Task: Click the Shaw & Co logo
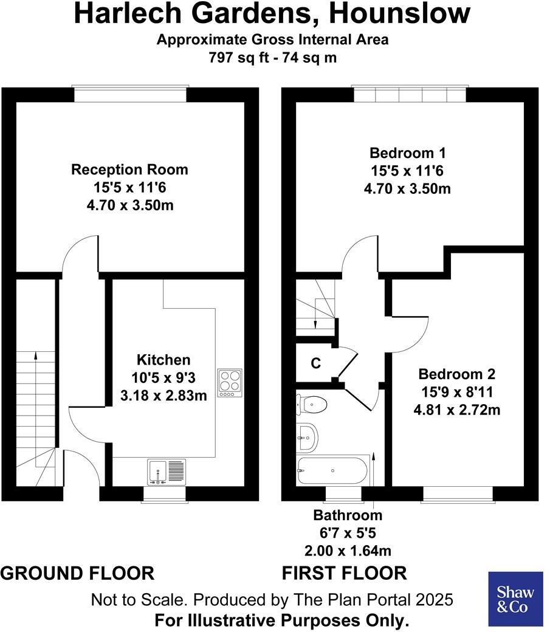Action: (515, 599)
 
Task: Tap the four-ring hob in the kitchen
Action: (230, 383)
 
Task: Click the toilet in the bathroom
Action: (312, 403)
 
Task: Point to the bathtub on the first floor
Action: (331, 470)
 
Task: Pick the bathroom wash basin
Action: (307, 436)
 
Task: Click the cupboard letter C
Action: (315, 363)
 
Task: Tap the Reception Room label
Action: (129, 169)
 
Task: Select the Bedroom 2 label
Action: (456, 374)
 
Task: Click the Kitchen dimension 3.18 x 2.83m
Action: (163, 396)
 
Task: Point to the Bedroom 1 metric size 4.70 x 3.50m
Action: (407, 188)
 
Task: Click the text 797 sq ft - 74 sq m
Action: (272, 58)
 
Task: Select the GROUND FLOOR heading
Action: (77, 572)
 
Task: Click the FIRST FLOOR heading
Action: (344, 572)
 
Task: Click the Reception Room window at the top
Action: (129, 94)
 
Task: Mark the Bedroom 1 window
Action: (410, 94)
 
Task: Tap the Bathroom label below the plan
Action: (348, 515)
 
